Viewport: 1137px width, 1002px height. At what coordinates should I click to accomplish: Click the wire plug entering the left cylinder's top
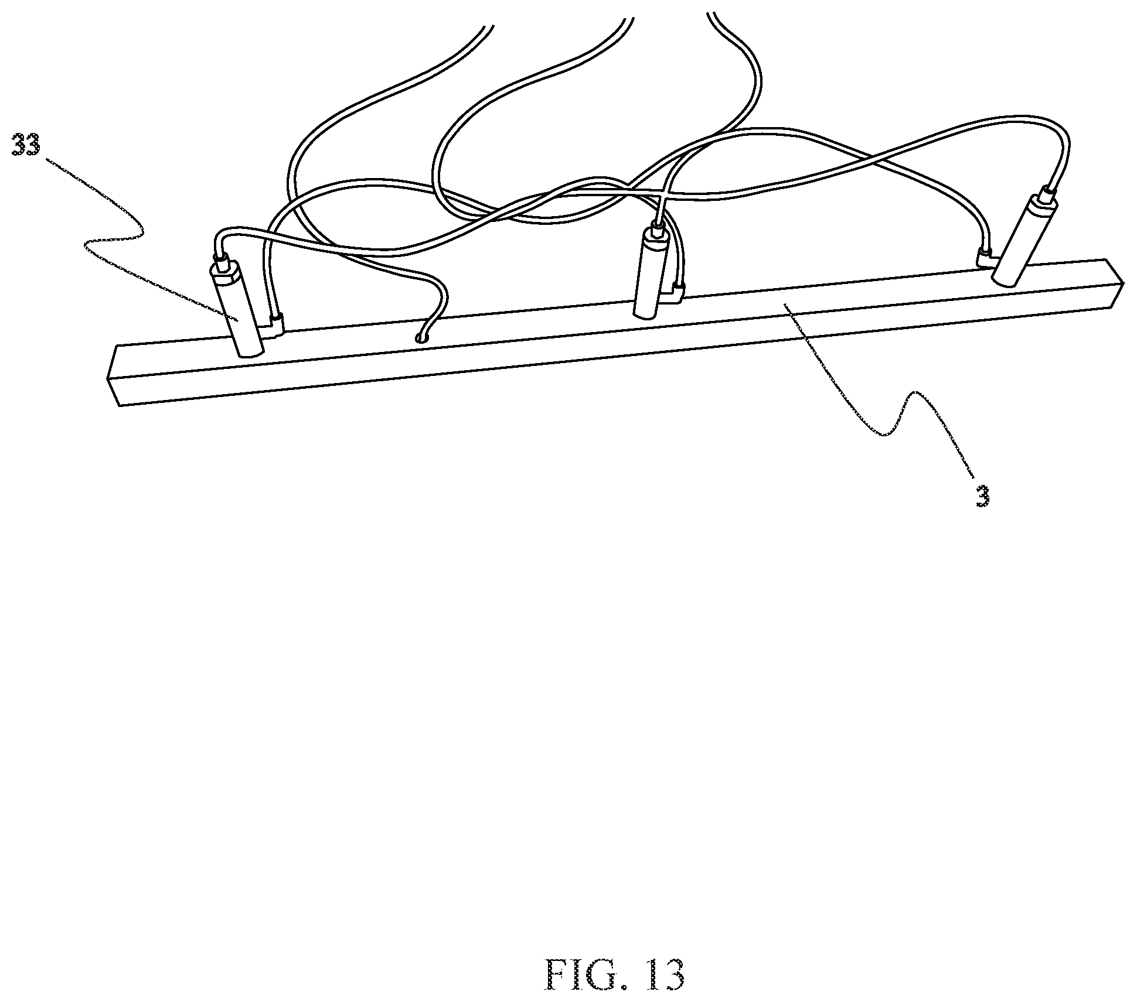[x=222, y=259]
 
